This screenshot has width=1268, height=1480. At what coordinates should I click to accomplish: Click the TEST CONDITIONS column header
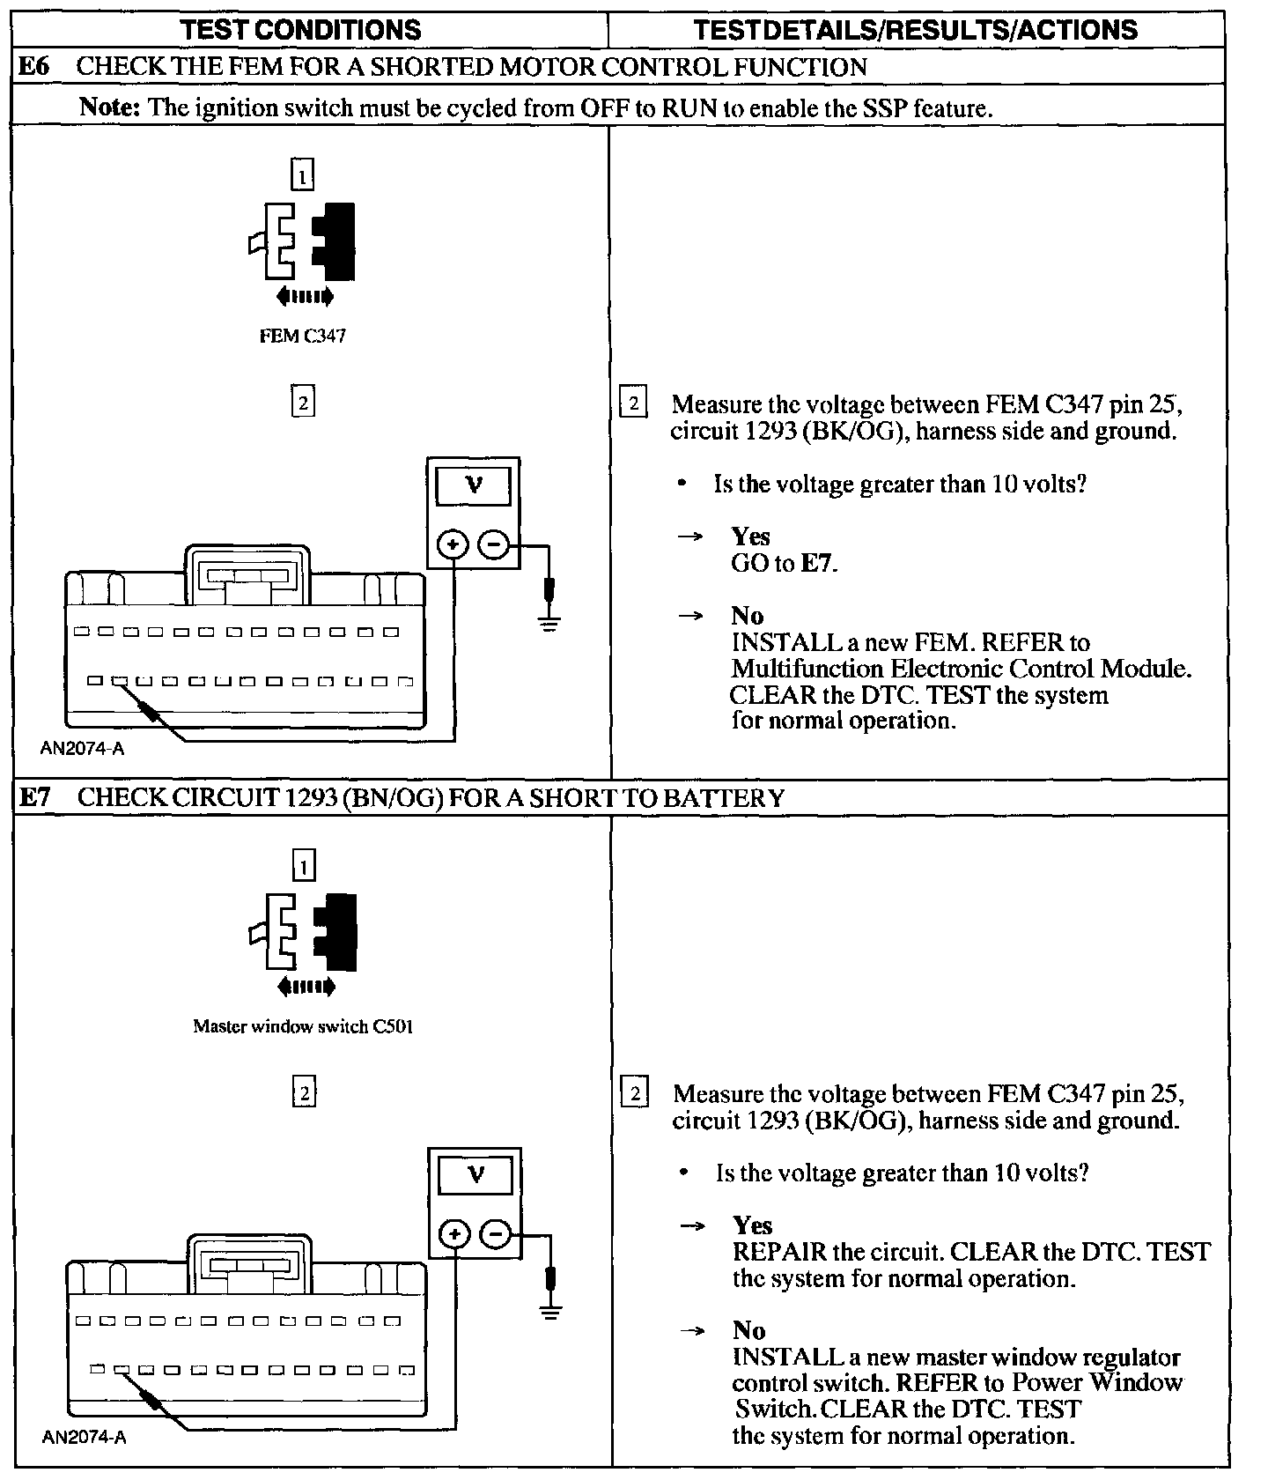pyautogui.click(x=300, y=30)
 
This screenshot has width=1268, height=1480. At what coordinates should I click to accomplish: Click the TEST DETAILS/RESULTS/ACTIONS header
pyautogui.click(x=915, y=30)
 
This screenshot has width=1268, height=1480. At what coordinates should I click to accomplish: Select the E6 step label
pyautogui.click(x=33, y=67)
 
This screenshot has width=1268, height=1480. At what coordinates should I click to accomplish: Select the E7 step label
pyautogui.click(x=34, y=797)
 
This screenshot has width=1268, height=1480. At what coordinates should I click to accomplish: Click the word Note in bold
pyautogui.click(x=109, y=107)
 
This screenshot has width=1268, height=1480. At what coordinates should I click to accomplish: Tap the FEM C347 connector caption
pyautogui.click(x=302, y=336)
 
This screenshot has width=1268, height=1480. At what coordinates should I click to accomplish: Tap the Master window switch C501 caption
pyautogui.click(x=303, y=1026)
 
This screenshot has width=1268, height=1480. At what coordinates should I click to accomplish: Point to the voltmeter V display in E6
pyautogui.click(x=474, y=485)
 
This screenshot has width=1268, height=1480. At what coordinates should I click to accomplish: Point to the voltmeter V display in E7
pyautogui.click(x=475, y=1175)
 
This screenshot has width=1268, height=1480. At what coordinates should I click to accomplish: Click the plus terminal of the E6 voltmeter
pyautogui.click(x=453, y=545)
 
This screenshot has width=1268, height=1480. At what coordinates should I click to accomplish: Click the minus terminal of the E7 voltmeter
pyautogui.click(x=496, y=1234)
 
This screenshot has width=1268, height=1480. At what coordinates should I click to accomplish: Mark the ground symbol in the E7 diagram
pyautogui.click(x=551, y=1312)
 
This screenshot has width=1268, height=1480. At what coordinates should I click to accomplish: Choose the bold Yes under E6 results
pyautogui.click(x=750, y=536)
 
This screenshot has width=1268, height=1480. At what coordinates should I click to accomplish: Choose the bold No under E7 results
pyautogui.click(x=749, y=1330)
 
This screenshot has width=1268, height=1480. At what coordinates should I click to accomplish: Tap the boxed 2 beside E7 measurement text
pyautogui.click(x=635, y=1093)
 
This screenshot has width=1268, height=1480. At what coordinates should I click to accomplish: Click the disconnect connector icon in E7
pyautogui.click(x=303, y=943)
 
